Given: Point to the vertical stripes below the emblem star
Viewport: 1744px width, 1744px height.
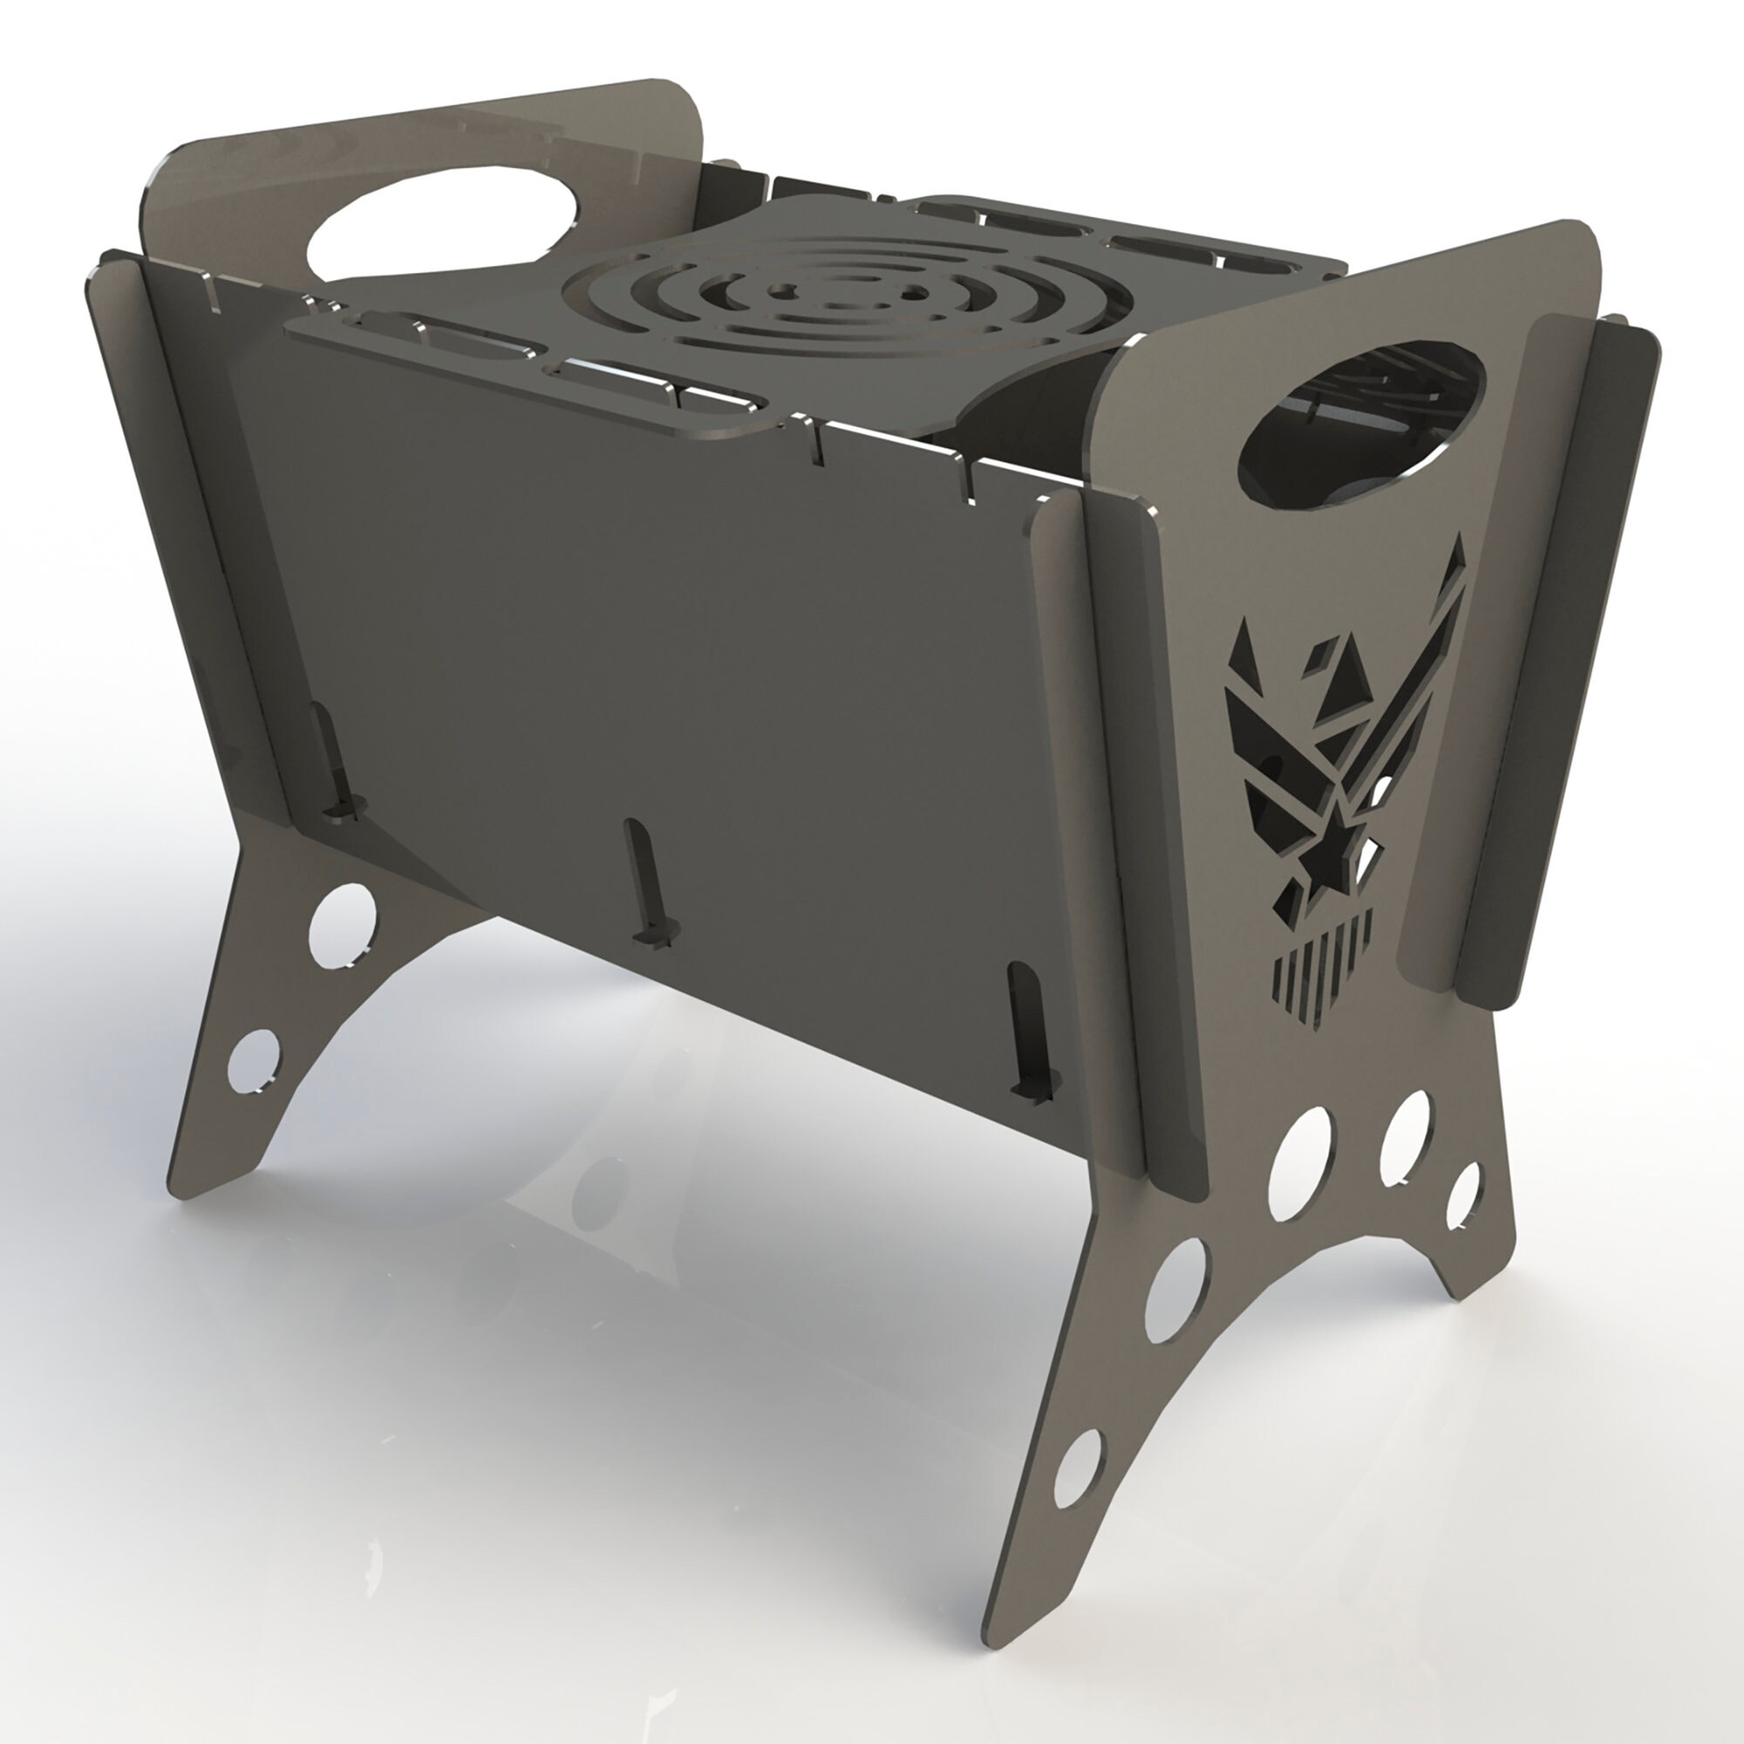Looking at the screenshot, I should pyautogui.click(x=1320, y=975).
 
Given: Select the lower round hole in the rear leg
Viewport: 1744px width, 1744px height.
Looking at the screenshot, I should pyautogui.click(x=254, y=1060).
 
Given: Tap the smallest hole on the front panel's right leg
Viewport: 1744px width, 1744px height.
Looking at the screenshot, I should pyautogui.click(x=1463, y=1196).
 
